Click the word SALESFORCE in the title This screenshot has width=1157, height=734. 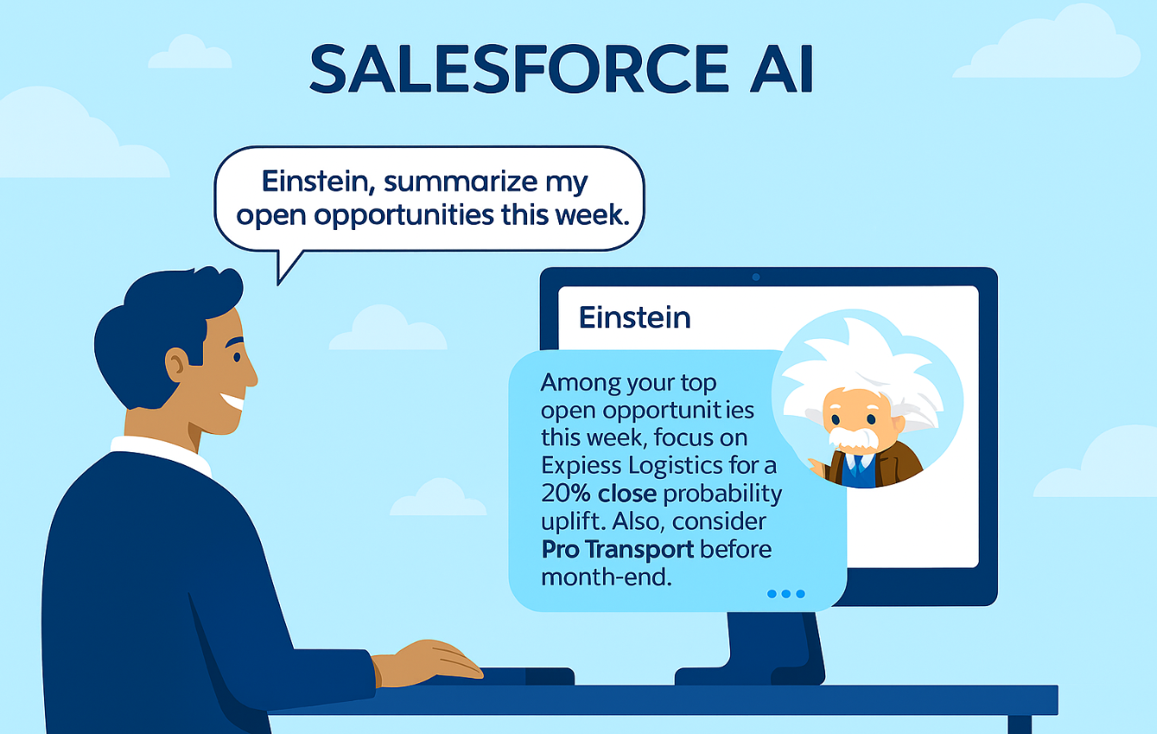(x=518, y=69)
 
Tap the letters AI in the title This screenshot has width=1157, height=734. (x=782, y=69)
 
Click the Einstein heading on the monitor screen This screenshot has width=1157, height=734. (x=634, y=317)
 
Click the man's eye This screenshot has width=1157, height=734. (x=237, y=357)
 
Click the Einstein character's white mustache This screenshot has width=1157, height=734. (x=853, y=437)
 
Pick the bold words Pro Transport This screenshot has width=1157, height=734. (x=617, y=549)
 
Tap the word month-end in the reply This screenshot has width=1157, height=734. (x=607, y=577)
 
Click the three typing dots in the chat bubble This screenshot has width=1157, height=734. (x=786, y=594)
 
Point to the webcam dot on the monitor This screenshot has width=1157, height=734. (x=756, y=277)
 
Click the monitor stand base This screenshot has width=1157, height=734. (x=750, y=675)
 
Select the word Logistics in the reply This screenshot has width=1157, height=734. (x=676, y=466)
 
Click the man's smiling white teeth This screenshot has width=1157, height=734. (x=232, y=401)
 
